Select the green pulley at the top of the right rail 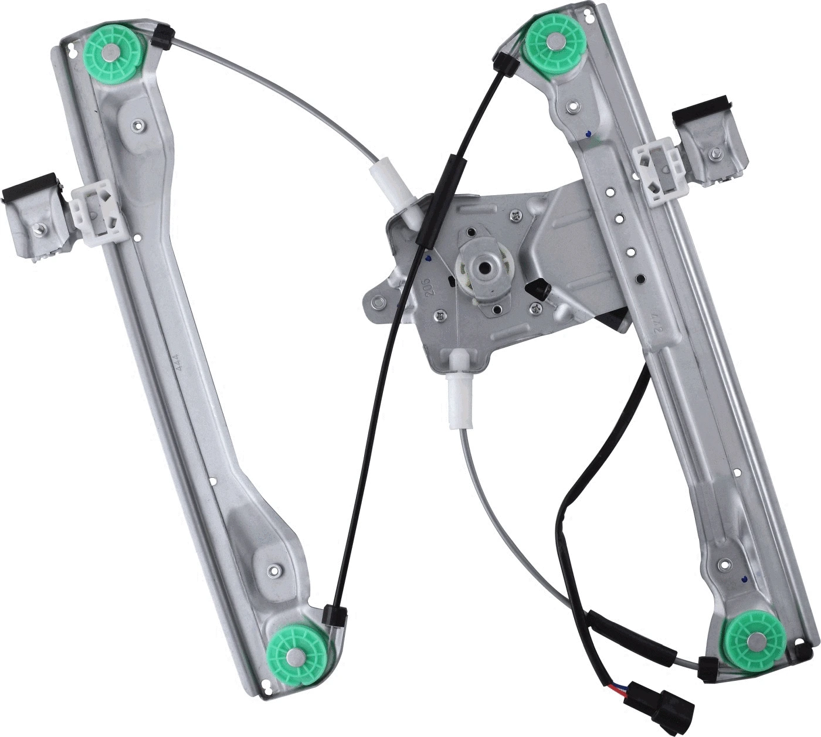(x=552, y=41)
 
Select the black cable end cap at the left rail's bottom (x=336, y=616)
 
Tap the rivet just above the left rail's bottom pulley (x=272, y=569)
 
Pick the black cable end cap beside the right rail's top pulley (x=504, y=61)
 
